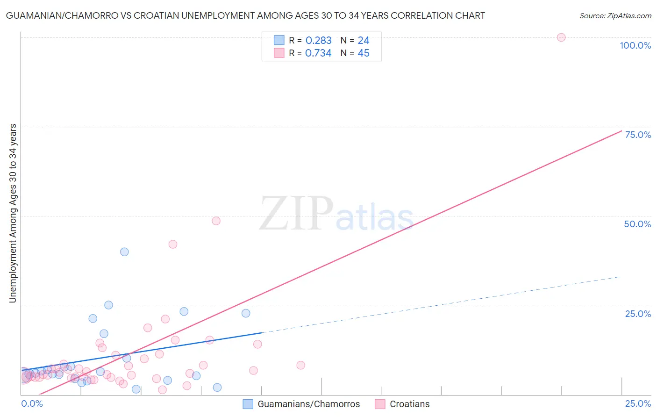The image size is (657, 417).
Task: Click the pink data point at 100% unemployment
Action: click(561, 37)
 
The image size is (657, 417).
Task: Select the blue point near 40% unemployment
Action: click(124, 252)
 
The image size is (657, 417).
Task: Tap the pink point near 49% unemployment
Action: click(216, 221)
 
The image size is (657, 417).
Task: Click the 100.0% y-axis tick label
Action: click(635, 45)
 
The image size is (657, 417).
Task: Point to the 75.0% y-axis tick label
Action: click(638, 135)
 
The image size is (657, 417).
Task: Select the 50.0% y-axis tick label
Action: click(637, 224)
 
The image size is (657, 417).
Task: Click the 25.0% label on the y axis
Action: click(638, 314)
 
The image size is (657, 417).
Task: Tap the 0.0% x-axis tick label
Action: click(32, 403)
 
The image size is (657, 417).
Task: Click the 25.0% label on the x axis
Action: click(638, 403)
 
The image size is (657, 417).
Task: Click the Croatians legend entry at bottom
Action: click(409, 404)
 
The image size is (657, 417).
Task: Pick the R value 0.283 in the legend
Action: click(318, 41)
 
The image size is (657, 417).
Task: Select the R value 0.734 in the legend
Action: click(318, 53)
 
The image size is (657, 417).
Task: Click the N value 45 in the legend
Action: click(364, 53)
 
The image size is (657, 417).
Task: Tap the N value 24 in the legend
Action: click(364, 41)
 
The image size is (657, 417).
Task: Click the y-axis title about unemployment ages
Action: click(13, 213)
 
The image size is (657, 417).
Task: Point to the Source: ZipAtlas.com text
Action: click(615, 16)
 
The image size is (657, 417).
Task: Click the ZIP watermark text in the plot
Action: click(296, 214)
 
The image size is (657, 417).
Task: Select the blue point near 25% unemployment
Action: click(108, 305)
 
